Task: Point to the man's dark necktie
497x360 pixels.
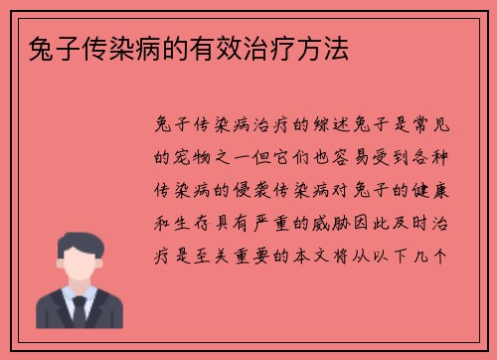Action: [81, 312]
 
